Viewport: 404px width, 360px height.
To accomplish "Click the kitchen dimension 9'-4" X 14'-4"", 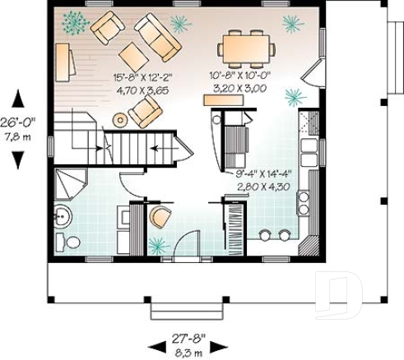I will (x=267, y=173).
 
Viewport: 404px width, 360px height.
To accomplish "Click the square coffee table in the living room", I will (x=132, y=55).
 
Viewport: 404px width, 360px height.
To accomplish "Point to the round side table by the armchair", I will (x=120, y=119).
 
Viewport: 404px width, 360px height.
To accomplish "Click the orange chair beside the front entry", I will (x=159, y=218).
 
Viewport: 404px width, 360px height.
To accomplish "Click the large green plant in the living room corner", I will (x=75, y=23).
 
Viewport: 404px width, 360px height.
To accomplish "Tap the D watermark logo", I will (x=340, y=293).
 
